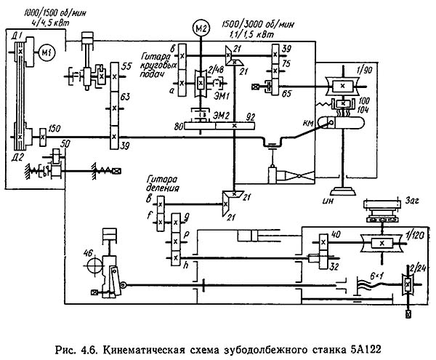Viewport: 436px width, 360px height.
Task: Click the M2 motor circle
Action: (x=202, y=28)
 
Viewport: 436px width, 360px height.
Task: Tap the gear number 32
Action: (x=333, y=268)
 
